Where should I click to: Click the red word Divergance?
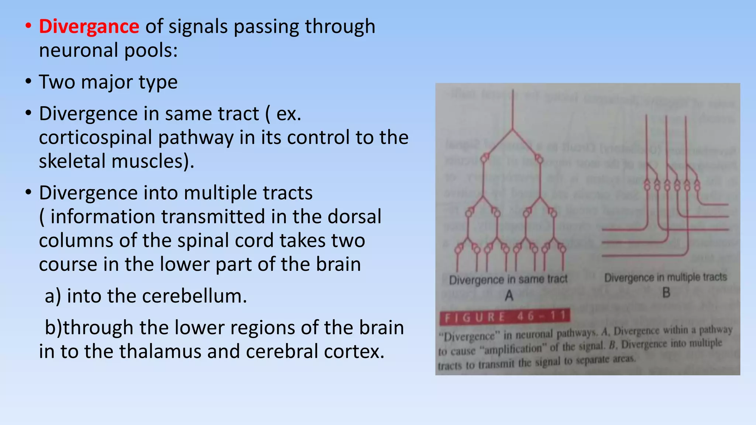(x=89, y=27)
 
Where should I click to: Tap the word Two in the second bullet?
(x=56, y=82)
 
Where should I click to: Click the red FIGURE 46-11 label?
(x=505, y=317)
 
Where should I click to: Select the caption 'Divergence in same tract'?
(x=508, y=279)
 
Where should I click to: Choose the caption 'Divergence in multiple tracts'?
(x=666, y=277)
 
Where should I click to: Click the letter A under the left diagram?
(x=509, y=295)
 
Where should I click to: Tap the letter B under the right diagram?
(x=666, y=293)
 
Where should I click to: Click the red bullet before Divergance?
(x=28, y=27)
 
